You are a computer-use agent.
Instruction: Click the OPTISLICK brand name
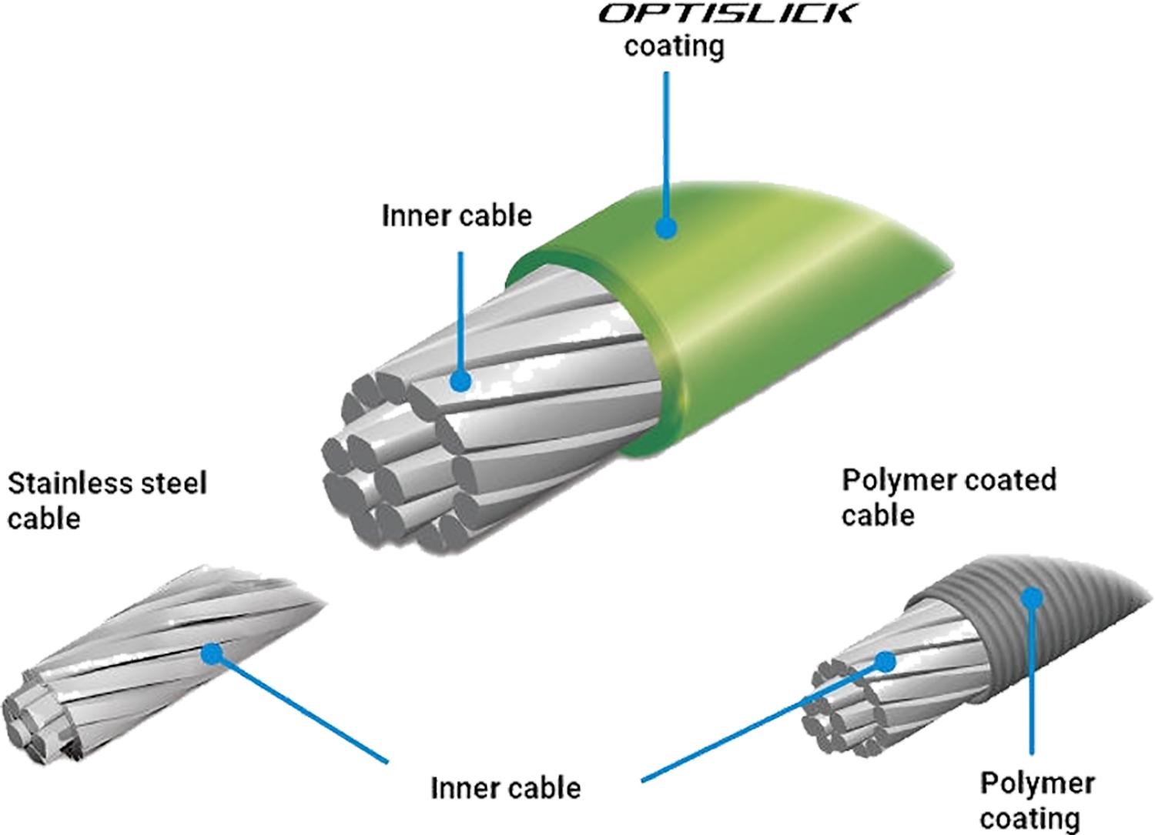pyautogui.click(x=726, y=14)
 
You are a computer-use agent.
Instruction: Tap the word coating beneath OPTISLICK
pyautogui.click(x=675, y=47)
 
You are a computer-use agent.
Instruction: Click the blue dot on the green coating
pyautogui.click(x=666, y=227)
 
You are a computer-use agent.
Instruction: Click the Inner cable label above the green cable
pyautogui.click(x=457, y=215)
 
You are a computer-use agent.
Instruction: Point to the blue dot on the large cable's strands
pyautogui.click(x=460, y=382)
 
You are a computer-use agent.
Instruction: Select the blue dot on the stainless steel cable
pyautogui.click(x=212, y=653)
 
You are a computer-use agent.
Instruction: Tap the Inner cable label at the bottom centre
pyautogui.click(x=506, y=788)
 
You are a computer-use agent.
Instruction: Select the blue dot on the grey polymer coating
pyautogui.click(x=1032, y=598)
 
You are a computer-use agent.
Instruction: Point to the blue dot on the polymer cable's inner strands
pyautogui.click(x=885, y=662)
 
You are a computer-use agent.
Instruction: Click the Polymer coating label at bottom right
pyautogui.click(x=1037, y=800)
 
